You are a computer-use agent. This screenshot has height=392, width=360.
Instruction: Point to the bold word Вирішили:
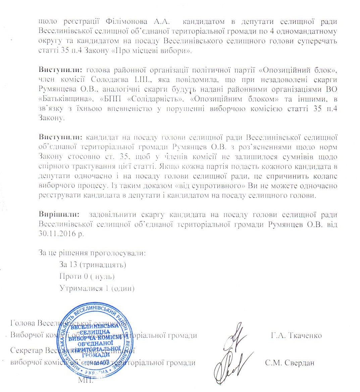59,215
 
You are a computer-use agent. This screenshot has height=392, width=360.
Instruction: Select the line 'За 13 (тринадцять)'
93,265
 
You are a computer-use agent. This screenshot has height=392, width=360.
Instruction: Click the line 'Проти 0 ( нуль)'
87,276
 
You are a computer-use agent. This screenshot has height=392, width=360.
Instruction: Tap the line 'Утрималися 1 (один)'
97,288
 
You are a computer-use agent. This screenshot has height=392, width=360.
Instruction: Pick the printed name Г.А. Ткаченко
296,335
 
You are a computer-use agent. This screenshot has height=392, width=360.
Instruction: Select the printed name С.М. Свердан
289,362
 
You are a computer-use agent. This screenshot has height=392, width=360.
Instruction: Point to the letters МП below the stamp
84,380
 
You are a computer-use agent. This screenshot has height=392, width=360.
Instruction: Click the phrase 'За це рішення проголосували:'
92,253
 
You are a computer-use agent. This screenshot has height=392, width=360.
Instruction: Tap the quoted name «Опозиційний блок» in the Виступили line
298,70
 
